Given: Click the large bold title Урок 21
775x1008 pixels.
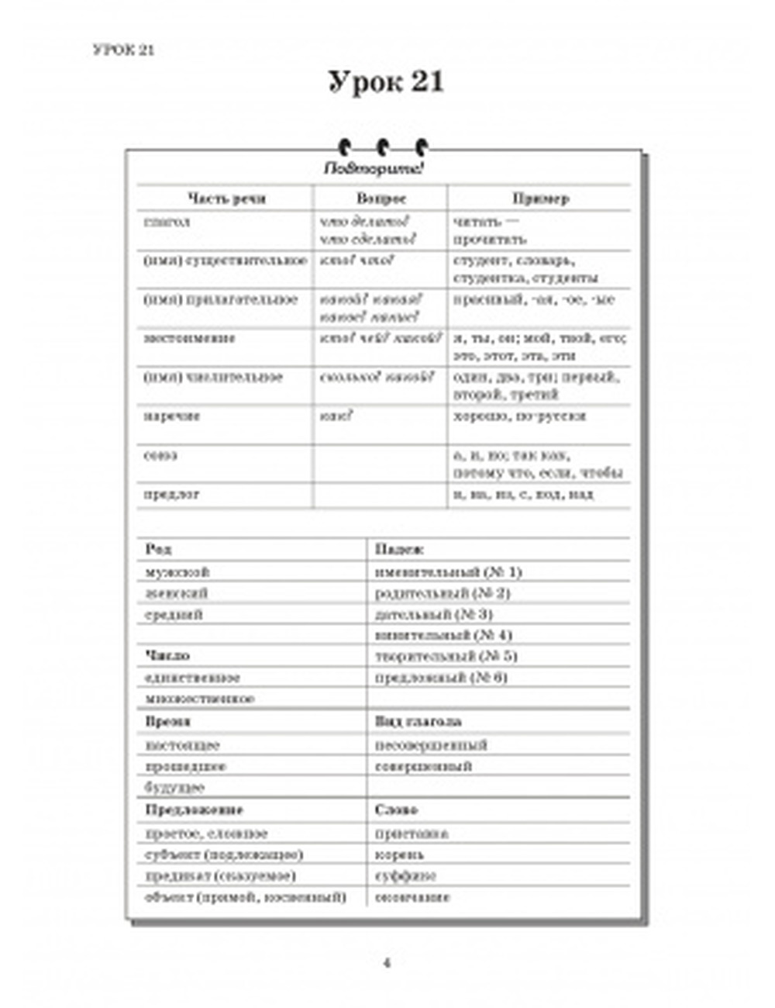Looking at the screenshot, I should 385,82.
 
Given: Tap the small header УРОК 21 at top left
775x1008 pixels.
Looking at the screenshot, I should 123,50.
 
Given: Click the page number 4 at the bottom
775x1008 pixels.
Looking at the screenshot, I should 387,963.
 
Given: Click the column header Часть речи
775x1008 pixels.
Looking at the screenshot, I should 226,198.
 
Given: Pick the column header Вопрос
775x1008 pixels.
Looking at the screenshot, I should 381,198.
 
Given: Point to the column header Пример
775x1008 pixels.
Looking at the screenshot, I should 540,198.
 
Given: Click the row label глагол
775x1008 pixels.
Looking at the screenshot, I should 167,223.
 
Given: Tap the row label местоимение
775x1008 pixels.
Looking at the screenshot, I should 190,339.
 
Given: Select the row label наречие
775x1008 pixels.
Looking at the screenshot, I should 172,416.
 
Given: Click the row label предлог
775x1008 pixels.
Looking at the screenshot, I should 172,494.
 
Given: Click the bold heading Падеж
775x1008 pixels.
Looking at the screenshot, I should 399,550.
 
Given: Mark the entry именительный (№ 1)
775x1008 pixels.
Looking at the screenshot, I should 448,572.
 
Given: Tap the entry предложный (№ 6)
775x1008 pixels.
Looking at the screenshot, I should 441,678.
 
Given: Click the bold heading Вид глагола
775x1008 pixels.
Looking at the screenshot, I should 418,722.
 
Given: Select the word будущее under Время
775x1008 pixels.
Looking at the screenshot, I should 174,788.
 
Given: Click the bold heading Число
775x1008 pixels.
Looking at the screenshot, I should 167,657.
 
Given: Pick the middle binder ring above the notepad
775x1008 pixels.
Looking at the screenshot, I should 383,147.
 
